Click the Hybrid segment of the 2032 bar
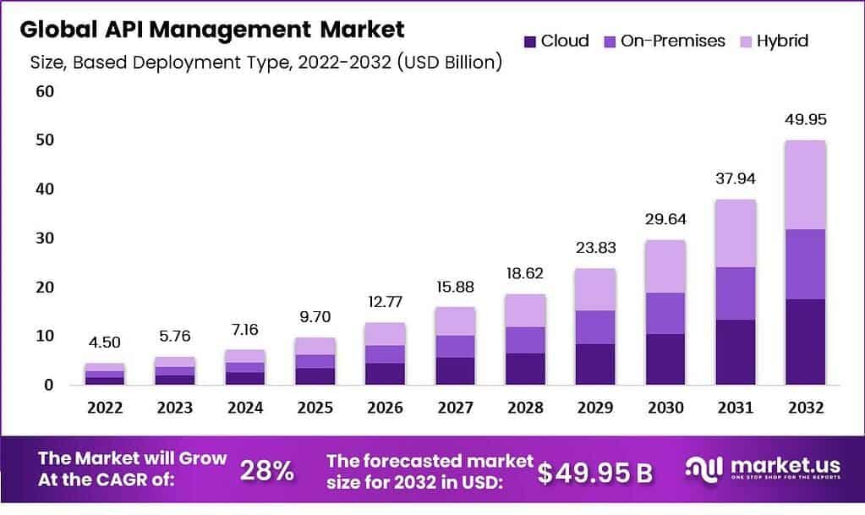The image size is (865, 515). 804,184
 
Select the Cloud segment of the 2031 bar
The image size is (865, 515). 735,352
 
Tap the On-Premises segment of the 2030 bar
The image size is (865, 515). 665,313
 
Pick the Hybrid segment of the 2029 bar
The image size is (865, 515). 596,289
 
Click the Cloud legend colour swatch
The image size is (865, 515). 530,41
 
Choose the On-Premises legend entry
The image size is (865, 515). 672,41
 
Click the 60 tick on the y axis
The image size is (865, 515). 43,90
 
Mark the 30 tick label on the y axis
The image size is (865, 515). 43,238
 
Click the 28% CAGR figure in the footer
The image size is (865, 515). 266,472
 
